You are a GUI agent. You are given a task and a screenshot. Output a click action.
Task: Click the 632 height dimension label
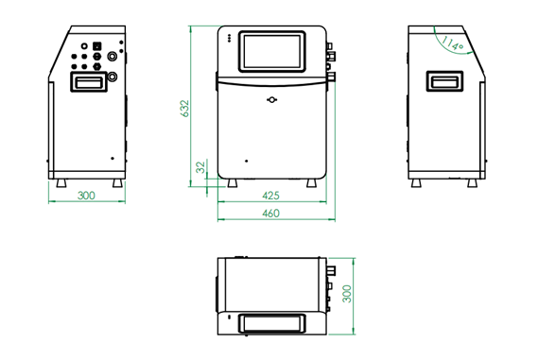(184, 109)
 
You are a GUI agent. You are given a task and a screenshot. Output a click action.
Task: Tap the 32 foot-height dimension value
(201, 167)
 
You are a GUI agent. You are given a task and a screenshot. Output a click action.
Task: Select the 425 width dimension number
(270, 196)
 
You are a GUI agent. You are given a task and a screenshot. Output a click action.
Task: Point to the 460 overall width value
(270, 214)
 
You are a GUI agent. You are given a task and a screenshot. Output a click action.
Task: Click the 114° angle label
(452, 43)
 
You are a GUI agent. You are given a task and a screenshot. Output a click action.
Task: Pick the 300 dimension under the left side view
(86, 196)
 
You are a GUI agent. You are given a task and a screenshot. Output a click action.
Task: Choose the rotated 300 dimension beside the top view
(347, 294)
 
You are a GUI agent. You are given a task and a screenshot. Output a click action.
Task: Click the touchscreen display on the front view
(271, 51)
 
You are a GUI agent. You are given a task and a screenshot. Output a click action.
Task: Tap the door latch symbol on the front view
(271, 100)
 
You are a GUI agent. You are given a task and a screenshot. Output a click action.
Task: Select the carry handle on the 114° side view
(444, 81)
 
